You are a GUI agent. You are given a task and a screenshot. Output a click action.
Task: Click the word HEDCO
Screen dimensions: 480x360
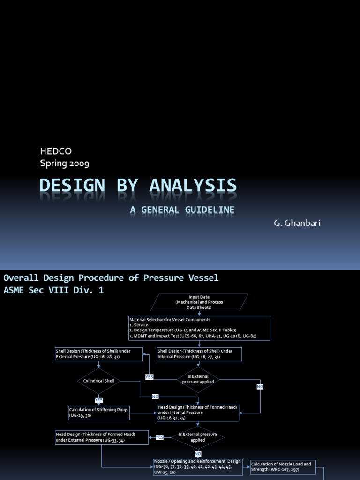click(56, 151)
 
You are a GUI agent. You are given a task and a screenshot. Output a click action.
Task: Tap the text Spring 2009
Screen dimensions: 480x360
click(65, 164)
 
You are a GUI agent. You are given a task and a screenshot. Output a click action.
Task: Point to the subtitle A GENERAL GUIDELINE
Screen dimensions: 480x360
click(182, 210)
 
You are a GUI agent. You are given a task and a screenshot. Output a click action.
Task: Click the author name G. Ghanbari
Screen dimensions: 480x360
click(297, 223)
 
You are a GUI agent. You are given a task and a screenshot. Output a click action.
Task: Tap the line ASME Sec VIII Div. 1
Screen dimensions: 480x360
click(53, 291)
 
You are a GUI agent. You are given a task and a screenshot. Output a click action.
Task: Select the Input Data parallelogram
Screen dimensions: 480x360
click(199, 302)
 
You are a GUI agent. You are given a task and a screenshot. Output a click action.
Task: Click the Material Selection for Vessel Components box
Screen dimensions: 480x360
click(199, 328)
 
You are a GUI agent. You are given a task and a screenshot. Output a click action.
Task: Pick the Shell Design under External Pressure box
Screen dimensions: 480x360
click(99, 354)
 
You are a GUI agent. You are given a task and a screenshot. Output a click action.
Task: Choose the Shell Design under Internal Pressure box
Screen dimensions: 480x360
click(199, 354)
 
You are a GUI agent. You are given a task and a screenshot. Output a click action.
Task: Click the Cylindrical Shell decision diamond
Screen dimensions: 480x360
click(99, 381)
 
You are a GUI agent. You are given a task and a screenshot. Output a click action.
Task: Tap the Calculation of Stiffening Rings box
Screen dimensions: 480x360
click(98, 412)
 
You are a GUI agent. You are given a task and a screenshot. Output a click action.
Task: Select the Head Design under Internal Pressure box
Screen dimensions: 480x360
click(198, 412)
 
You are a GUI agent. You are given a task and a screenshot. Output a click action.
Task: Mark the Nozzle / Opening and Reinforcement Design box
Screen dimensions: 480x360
click(198, 467)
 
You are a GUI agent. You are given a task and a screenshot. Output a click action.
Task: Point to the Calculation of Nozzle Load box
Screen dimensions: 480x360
click(283, 467)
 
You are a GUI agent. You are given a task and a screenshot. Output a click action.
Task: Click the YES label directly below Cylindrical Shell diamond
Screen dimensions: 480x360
click(99, 400)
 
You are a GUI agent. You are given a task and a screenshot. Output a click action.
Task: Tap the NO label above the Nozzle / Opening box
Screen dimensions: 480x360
click(198, 454)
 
